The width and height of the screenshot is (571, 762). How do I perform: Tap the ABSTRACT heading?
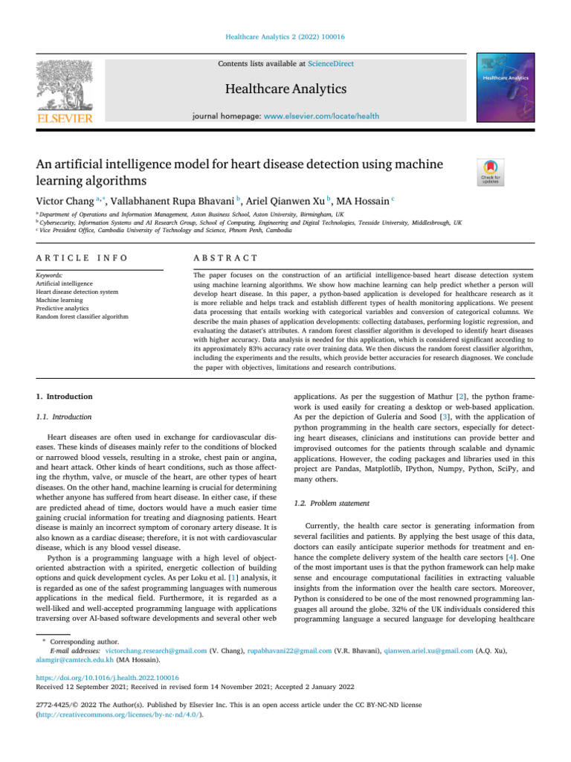(225, 257)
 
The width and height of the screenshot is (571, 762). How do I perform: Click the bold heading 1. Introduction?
(65, 397)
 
